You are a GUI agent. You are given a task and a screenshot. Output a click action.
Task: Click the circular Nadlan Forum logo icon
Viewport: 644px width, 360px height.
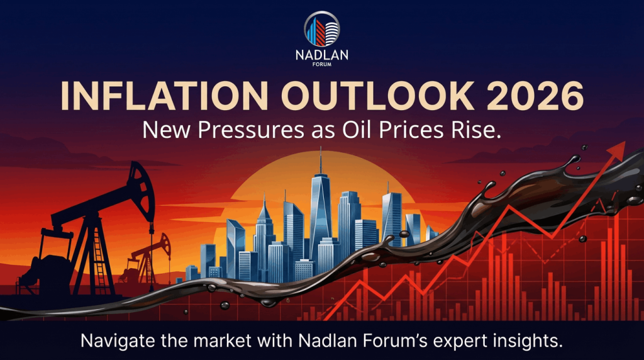point(321,29)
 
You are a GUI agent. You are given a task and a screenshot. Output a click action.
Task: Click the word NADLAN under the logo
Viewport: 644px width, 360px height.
point(321,56)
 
